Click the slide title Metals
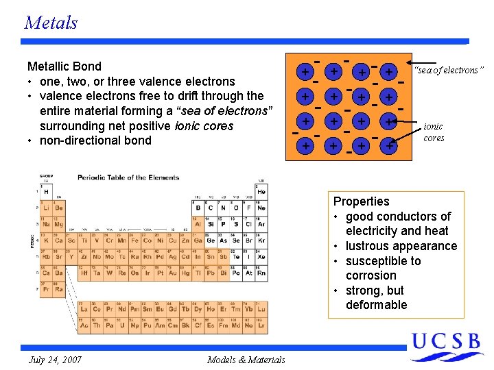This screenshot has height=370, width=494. click(51, 23)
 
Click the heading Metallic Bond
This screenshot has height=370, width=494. click(64, 66)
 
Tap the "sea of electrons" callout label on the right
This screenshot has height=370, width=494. click(448, 70)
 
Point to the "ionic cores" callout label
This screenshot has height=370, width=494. click(434, 132)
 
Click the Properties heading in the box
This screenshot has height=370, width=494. click(361, 201)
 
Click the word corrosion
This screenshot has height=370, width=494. click(371, 275)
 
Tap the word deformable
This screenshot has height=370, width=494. click(376, 305)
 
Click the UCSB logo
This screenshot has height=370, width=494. click(446, 346)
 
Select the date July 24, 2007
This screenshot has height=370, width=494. click(56, 360)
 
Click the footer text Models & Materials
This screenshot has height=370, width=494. click(246, 360)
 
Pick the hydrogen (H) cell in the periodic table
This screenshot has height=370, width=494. click(46, 191)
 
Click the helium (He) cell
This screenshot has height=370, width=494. click(261, 191)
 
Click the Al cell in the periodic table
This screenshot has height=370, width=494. click(198, 224)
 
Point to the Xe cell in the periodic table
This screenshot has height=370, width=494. click(261, 256)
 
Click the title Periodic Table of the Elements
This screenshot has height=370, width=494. click(128, 177)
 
